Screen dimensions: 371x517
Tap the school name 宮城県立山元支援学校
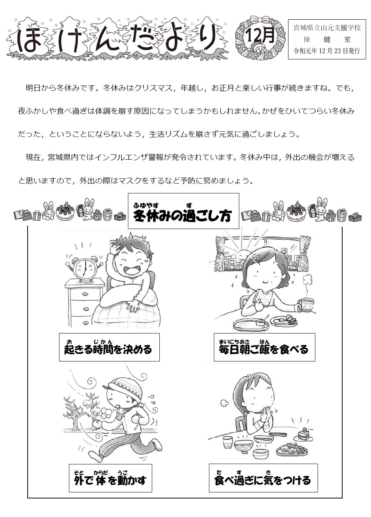click(x=327, y=28)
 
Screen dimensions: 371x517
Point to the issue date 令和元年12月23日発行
click(x=327, y=51)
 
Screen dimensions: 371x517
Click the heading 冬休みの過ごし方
click(x=183, y=216)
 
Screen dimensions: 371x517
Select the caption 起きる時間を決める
click(x=108, y=349)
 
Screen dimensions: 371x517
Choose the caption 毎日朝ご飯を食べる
click(x=263, y=349)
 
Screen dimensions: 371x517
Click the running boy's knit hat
click(x=124, y=386)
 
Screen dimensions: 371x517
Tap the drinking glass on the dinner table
click(x=228, y=442)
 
